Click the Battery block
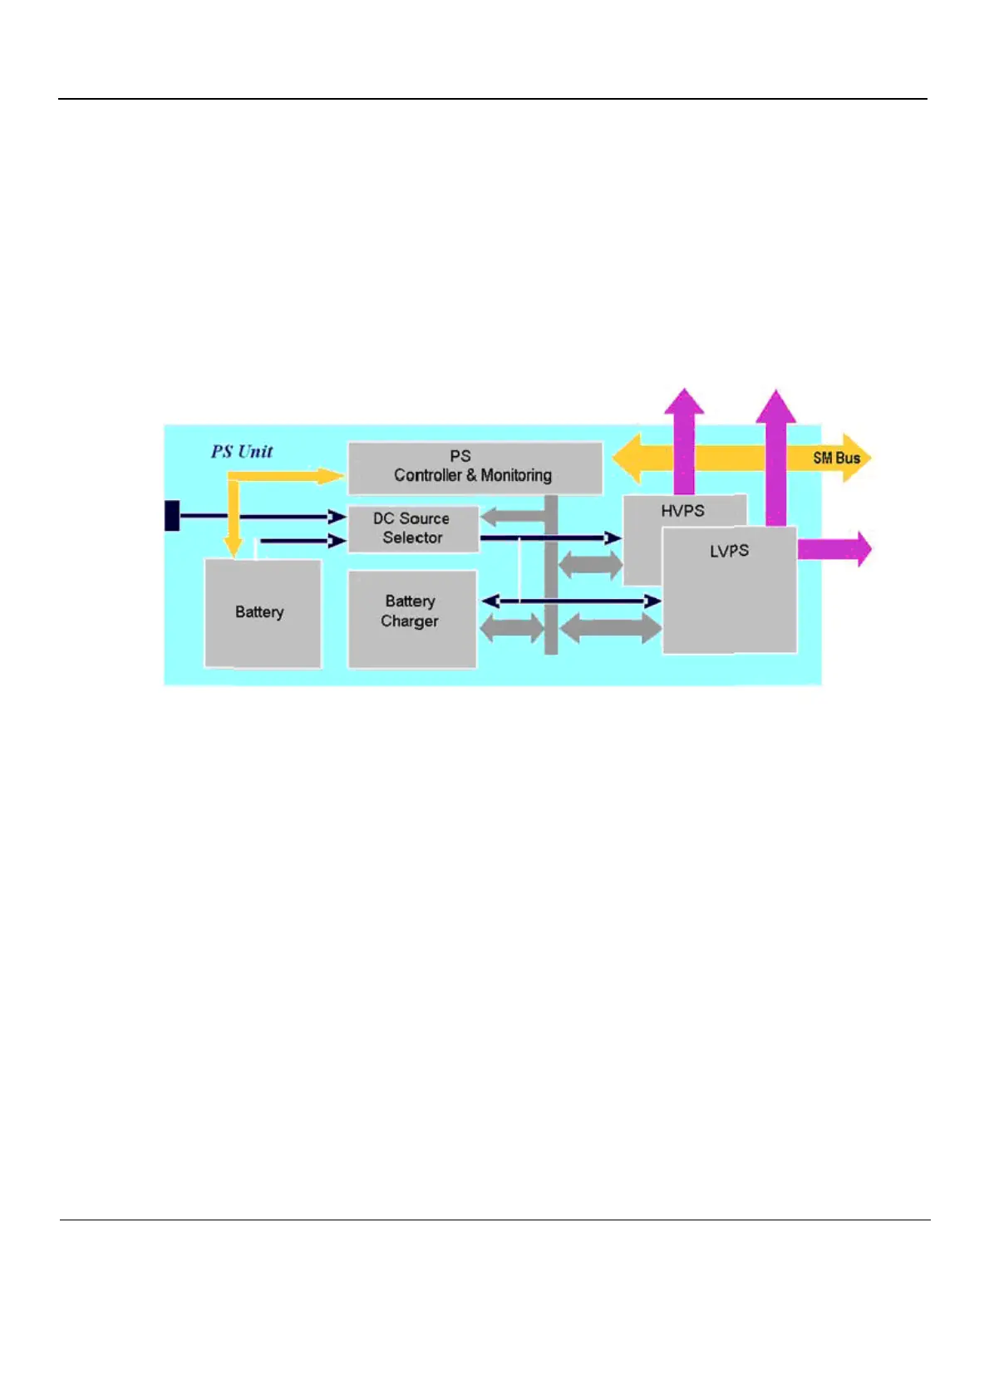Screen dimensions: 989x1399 263,613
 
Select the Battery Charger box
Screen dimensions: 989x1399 412,618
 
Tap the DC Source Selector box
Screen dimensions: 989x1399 413,528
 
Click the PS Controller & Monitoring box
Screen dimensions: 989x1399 475,467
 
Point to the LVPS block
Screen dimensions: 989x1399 729,590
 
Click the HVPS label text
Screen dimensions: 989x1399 682,512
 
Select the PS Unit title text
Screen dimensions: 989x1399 242,452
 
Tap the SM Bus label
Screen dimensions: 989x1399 836,458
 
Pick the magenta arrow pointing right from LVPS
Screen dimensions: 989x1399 834,549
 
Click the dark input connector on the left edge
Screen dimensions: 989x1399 172,515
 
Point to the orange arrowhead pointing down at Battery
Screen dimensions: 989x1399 234,547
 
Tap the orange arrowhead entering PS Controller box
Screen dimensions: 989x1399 331,476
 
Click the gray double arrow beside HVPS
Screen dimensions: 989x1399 590,566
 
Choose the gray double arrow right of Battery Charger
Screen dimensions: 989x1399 511,627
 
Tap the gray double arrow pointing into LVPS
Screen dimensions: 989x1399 611,627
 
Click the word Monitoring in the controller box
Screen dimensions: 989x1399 516,476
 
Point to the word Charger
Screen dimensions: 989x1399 409,621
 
